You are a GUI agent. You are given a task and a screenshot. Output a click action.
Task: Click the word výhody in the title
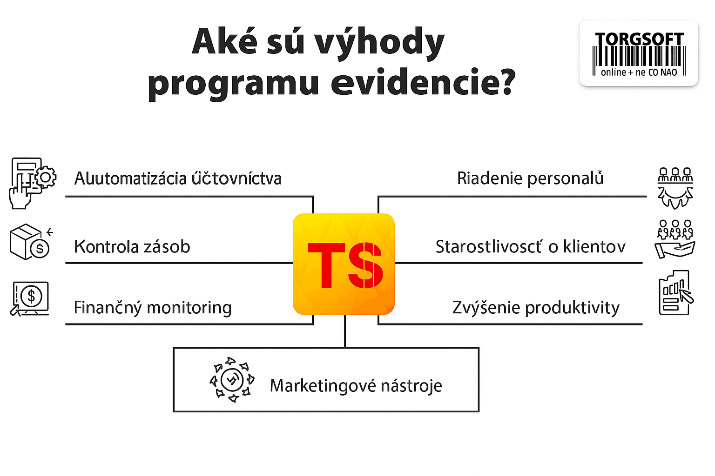pyautogui.click(x=380, y=43)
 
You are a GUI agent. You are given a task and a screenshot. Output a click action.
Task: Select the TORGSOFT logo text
pyautogui.click(x=639, y=40)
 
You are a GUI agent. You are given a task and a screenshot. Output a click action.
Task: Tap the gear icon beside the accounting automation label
pyautogui.click(x=45, y=177)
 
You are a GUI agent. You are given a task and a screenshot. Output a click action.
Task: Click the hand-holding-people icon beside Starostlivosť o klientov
pyautogui.click(x=675, y=239)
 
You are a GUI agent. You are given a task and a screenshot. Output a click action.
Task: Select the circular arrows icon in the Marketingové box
pyautogui.click(x=232, y=380)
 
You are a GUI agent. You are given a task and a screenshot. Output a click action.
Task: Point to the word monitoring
pyautogui.click(x=189, y=308)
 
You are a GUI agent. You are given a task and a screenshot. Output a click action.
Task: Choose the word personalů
pyautogui.click(x=565, y=178)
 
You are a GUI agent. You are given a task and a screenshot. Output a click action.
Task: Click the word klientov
pyautogui.click(x=594, y=247)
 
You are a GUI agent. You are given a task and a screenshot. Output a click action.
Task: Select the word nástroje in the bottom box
pyautogui.click(x=411, y=386)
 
